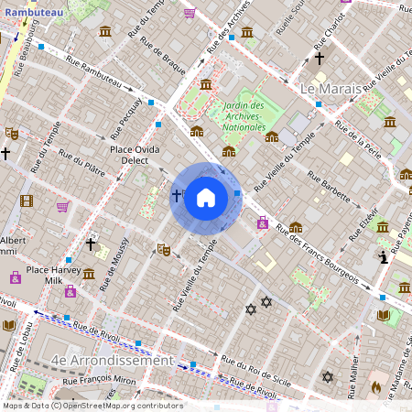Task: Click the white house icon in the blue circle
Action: click(x=206, y=198)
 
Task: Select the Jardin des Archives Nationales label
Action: click(x=243, y=115)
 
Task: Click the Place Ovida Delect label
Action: click(x=136, y=155)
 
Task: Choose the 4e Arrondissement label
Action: click(x=114, y=361)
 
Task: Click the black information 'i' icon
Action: click(x=384, y=259)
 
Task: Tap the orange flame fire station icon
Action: click(x=374, y=387)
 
